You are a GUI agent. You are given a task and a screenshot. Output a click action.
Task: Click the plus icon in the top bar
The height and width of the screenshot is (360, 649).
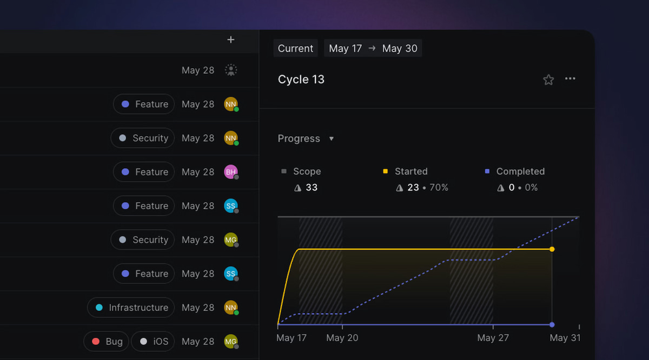(x=231, y=39)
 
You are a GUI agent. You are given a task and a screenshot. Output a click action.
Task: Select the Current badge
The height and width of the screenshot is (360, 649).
(x=295, y=48)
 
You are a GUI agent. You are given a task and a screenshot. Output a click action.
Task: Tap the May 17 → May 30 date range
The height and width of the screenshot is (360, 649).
(x=373, y=48)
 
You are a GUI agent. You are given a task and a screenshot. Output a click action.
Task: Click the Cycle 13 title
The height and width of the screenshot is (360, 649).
(x=301, y=79)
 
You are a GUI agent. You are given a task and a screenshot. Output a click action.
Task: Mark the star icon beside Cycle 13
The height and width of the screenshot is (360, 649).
(x=548, y=79)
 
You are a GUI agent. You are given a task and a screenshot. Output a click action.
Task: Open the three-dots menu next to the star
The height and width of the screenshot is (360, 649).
(x=570, y=79)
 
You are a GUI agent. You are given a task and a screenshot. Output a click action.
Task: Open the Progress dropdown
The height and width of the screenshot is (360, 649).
(x=306, y=138)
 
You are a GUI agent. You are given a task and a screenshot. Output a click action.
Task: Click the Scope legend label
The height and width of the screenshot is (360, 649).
(x=307, y=171)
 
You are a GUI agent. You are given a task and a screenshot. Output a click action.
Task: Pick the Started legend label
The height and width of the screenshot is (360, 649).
(x=411, y=171)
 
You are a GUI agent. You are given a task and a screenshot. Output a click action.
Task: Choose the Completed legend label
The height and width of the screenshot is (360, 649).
(x=520, y=171)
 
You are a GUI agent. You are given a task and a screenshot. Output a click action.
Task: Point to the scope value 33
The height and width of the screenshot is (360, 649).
(x=312, y=188)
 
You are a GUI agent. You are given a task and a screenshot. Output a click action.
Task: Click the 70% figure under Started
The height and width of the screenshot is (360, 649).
(x=439, y=188)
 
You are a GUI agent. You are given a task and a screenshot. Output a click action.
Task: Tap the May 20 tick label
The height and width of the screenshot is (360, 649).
(x=342, y=338)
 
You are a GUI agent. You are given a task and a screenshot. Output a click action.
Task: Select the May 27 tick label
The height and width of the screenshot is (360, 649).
(x=493, y=338)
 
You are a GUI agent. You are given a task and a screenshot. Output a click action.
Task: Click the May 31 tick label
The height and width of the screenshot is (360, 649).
(x=566, y=338)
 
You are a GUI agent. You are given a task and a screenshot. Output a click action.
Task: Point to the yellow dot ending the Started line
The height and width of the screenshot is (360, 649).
(x=552, y=249)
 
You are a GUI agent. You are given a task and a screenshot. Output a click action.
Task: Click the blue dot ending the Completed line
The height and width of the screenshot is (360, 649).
(x=552, y=325)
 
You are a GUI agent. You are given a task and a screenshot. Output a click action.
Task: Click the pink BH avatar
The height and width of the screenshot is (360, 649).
(x=230, y=172)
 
